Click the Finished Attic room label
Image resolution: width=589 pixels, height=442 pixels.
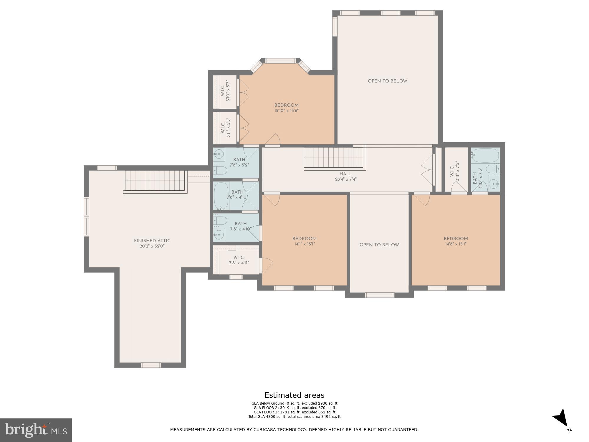click(x=152, y=241)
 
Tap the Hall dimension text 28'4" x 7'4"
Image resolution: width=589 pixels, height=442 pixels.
click(x=346, y=179)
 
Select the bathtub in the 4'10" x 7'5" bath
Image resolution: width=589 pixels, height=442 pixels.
click(x=485, y=155)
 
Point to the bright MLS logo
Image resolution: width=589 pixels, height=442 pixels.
click(x=36, y=430)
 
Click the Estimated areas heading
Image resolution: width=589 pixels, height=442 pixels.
click(x=294, y=395)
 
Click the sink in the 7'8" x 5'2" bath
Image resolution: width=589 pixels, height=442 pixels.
click(x=219, y=154)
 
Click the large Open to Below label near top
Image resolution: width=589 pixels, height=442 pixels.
click(x=387, y=81)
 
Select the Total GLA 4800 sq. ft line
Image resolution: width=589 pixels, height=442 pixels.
click(x=294, y=417)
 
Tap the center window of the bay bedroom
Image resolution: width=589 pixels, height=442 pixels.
click(x=280, y=61)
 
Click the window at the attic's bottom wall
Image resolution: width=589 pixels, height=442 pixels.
click(x=151, y=365)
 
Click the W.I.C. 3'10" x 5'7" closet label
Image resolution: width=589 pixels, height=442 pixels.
click(x=225, y=92)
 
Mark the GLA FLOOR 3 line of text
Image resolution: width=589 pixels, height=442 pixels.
click(x=294, y=412)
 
